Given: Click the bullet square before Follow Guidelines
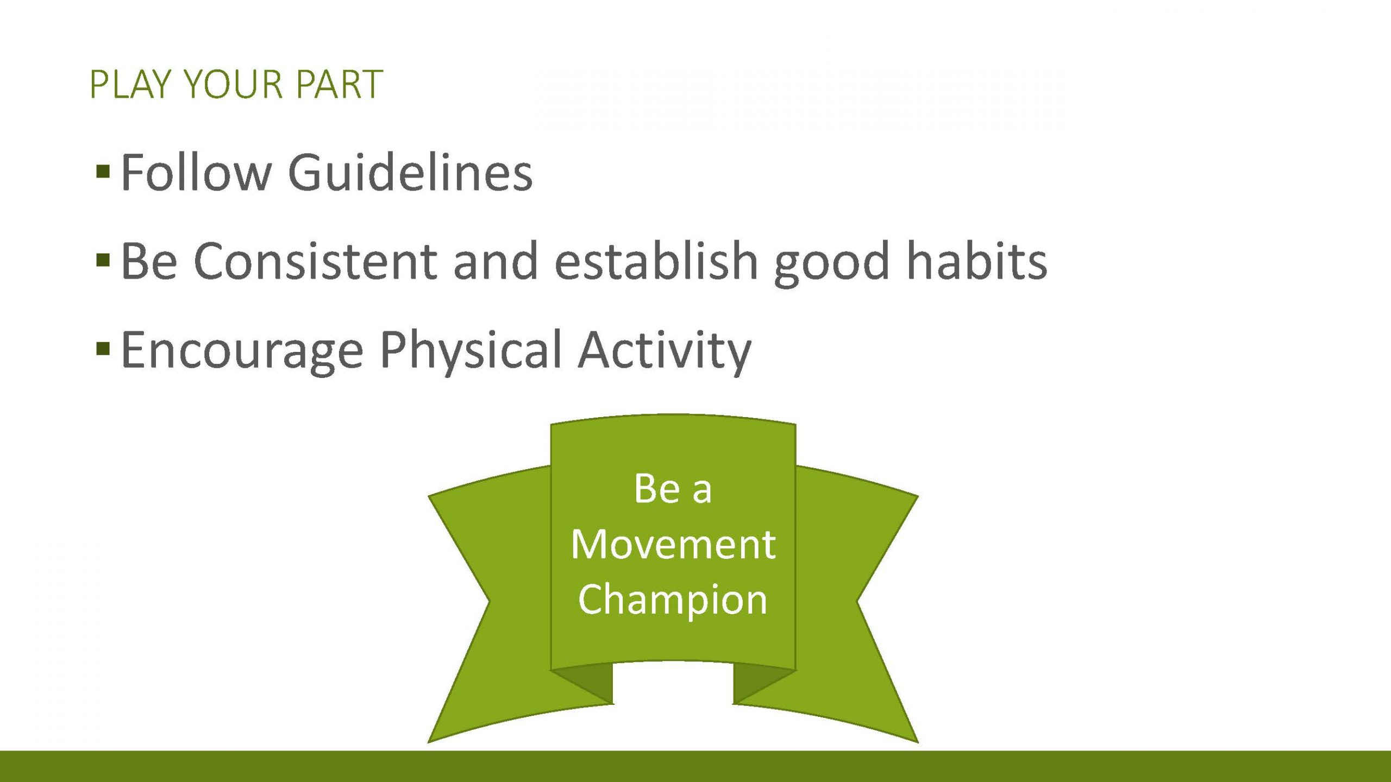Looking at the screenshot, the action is coord(103,172).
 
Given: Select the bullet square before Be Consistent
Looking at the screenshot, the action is coord(103,261).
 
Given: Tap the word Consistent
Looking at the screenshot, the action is coord(316,261).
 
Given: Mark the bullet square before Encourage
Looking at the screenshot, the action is coord(103,348).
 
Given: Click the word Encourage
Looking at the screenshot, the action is coord(242,350).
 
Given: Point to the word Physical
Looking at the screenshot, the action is coord(471,350).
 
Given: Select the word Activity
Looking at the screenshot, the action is coord(665,350).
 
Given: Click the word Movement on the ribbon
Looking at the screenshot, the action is coord(673,544).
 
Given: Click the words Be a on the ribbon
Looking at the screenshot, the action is coord(673,489).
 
